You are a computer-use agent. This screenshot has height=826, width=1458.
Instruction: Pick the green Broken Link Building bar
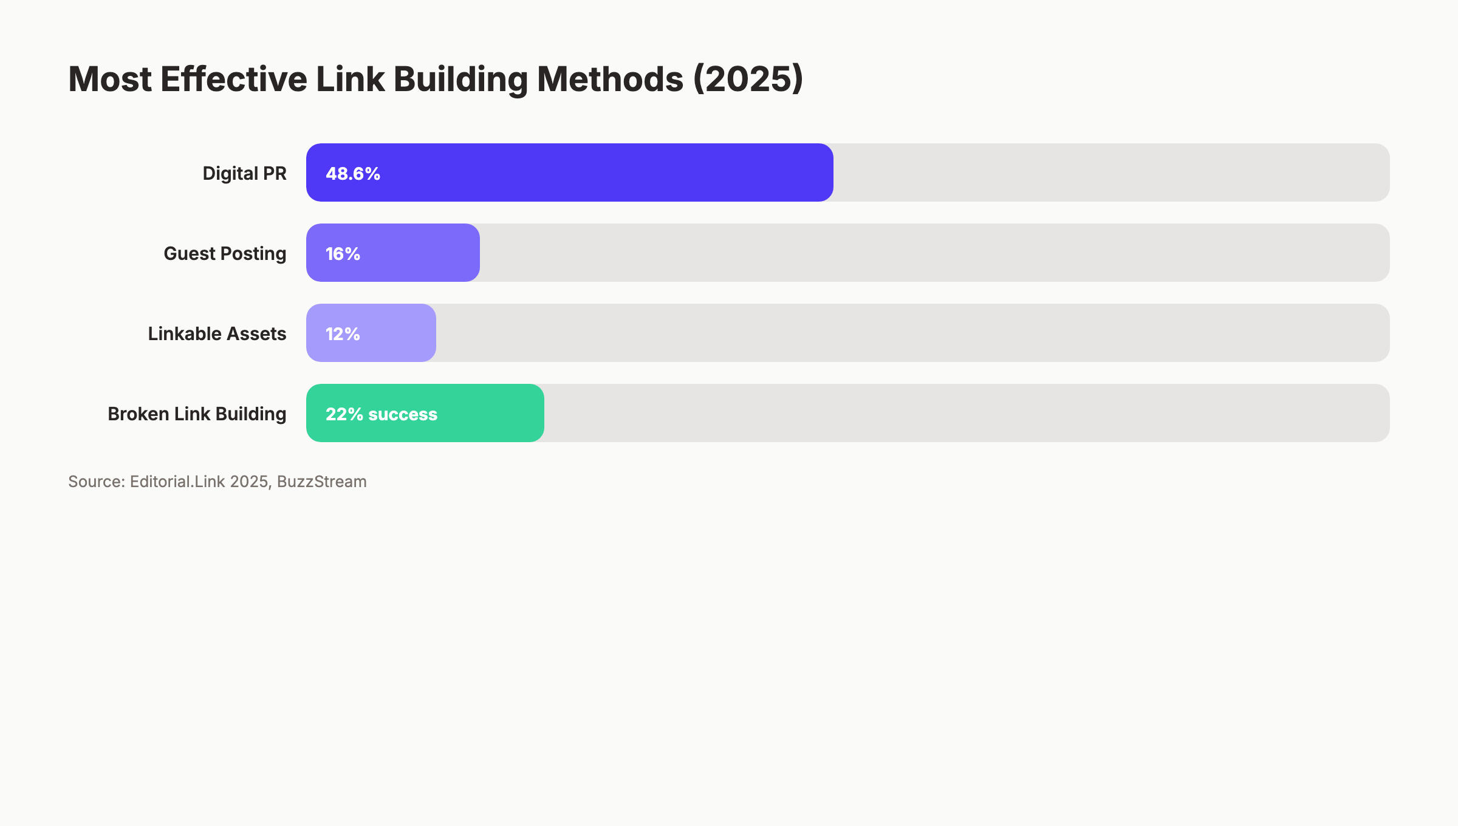[x=486, y=413]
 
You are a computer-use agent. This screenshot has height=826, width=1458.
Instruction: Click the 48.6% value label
[x=353, y=174]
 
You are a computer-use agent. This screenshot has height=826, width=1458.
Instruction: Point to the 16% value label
[x=343, y=254]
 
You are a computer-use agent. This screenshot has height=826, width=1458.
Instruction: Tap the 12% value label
[x=343, y=334]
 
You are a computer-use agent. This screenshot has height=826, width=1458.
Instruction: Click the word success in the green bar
[x=402, y=414]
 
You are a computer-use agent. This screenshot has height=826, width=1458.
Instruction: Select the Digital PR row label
[x=244, y=174]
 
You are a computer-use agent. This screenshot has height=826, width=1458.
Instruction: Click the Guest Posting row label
[x=225, y=254]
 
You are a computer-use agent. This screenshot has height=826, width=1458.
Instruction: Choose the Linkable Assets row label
[x=217, y=334]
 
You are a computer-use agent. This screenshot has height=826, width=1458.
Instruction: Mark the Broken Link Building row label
[x=197, y=414]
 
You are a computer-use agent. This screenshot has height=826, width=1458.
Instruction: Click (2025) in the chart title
[x=748, y=80]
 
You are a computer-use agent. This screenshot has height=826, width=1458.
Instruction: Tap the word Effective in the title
[x=234, y=80]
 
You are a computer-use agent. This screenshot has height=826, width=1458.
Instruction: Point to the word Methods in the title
[x=610, y=80]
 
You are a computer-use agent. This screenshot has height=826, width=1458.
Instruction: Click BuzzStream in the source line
[x=321, y=482]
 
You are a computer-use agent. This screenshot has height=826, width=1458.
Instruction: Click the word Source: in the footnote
[x=97, y=482]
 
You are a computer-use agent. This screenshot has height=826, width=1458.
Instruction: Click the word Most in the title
[x=110, y=80]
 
